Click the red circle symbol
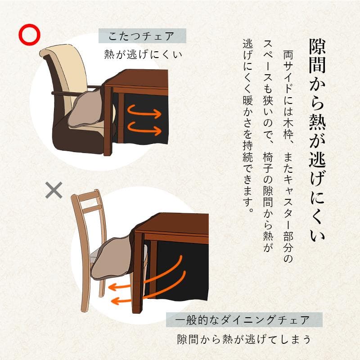pyautogui.click(x=29, y=34)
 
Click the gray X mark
pyautogui.click(x=54, y=190)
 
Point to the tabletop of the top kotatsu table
pyautogui.click(x=135, y=81)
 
